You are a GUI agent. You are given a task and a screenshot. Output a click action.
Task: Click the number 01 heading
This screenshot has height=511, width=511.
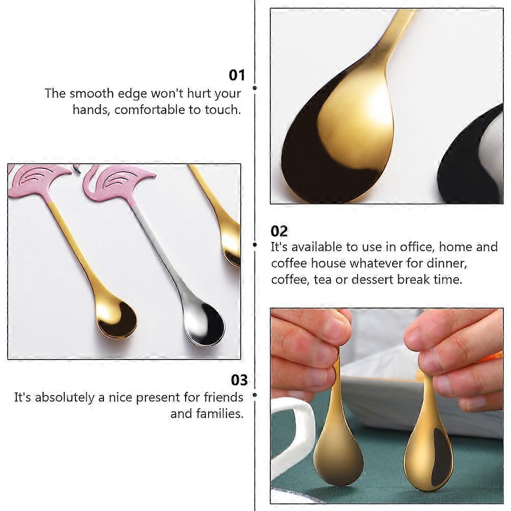click(237, 75)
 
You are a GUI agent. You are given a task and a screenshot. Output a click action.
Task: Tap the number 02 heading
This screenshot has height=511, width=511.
click(279, 232)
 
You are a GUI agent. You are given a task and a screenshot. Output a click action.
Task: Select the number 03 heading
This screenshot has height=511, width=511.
click(239, 380)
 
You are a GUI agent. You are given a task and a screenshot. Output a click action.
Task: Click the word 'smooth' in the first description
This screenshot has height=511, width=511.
click(92, 93)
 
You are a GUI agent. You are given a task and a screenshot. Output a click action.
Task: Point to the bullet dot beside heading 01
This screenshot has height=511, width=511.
click(254, 88)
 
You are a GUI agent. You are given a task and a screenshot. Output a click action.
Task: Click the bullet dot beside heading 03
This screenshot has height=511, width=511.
click(254, 395)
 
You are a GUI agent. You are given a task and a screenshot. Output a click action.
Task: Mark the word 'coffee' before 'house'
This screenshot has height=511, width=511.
click(289, 263)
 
